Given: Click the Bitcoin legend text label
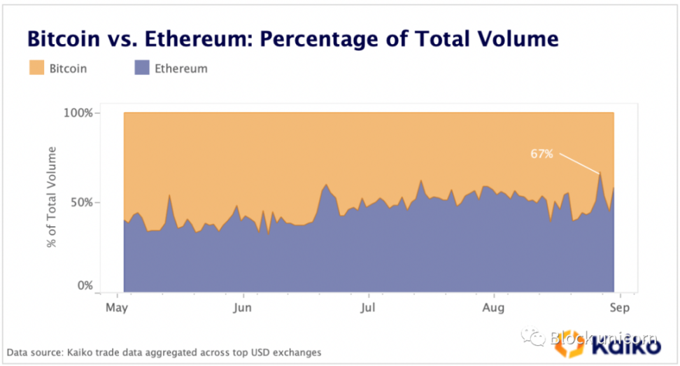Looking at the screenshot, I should tap(69, 69).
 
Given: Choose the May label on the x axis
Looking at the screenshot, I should tap(117, 307).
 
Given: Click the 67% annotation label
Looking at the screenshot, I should tap(541, 153).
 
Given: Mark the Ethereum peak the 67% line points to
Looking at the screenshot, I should tap(600, 172).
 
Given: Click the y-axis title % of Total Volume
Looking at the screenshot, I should tap(52, 197).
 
